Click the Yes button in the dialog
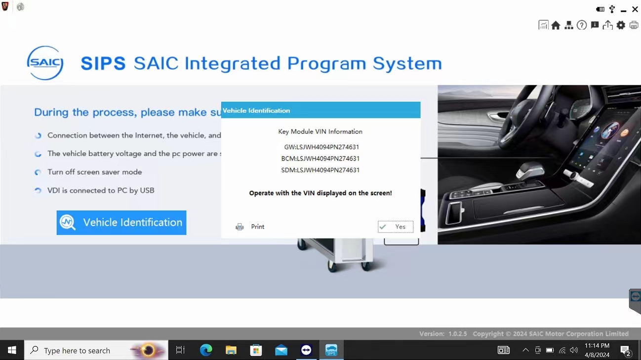coord(396,227)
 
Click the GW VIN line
coord(321,147)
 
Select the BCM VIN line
coord(320,159)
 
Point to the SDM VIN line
coord(320,170)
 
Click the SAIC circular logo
coord(45,63)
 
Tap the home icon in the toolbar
coord(556,25)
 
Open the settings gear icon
coord(621,25)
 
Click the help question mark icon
coord(582,25)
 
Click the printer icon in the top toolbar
coord(634,25)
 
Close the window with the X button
coord(635,9)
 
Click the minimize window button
coord(624,10)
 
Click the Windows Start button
coord(12,350)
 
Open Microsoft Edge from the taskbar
coord(206,350)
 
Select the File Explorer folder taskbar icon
coord(231,350)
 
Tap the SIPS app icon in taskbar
coord(331,350)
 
